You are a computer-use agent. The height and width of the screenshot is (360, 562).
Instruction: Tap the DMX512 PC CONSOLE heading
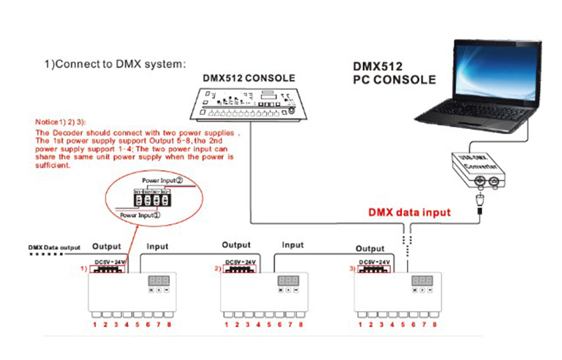(x=394, y=72)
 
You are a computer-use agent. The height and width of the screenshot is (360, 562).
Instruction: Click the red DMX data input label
(x=409, y=212)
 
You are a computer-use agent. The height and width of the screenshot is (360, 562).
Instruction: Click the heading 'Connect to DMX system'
(x=115, y=63)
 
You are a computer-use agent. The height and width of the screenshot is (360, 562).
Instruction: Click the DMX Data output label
(x=54, y=247)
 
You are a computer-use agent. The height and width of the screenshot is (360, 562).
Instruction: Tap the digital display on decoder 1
(x=157, y=280)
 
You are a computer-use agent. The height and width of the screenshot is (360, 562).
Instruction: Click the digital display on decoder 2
(x=288, y=280)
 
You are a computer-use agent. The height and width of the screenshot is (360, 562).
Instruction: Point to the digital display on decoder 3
(x=422, y=280)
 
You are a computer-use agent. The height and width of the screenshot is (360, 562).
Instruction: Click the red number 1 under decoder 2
(x=226, y=325)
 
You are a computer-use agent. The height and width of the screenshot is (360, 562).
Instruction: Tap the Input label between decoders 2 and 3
(x=293, y=245)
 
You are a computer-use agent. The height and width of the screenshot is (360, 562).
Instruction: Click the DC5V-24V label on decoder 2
(x=240, y=262)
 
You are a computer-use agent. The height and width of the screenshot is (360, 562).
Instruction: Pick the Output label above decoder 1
(x=107, y=246)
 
